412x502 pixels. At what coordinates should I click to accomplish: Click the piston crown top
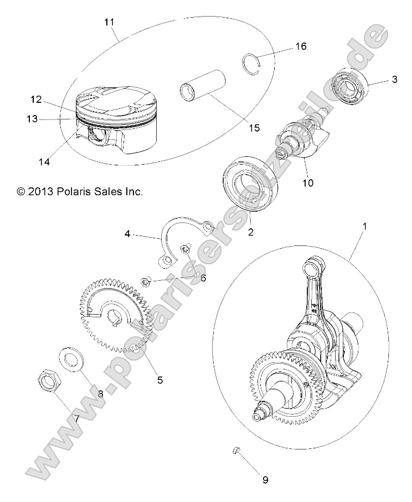pos(116,98)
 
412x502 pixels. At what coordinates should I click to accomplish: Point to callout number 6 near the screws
pos(203,278)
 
